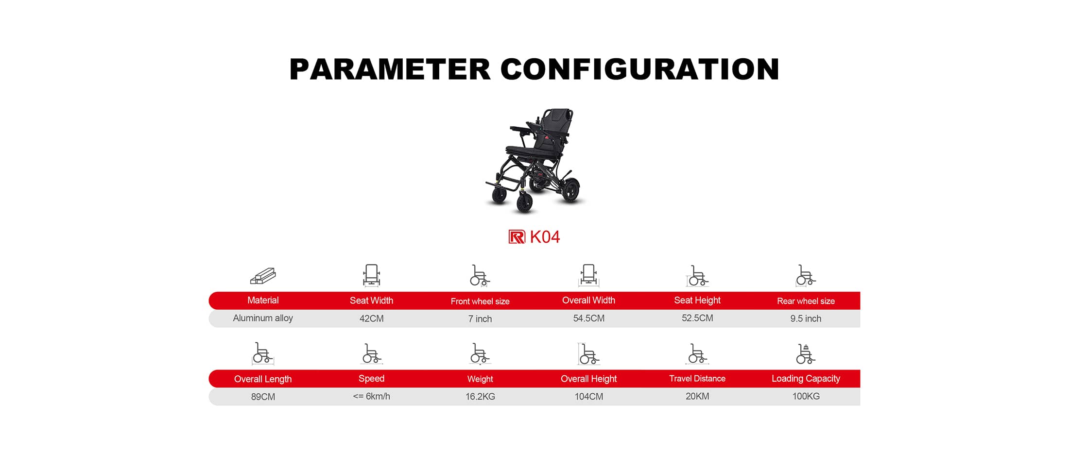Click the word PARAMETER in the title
pyautogui.click(x=390, y=69)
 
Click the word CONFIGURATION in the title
pyautogui.click(x=640, y=69)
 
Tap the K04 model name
pyautogui.click(x=545, y=237)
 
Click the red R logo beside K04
pyautogui.click(x=517, y=237)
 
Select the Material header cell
pyautogui.click(x=263, y=301)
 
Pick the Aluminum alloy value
pyautogui.click(x=263, y=318)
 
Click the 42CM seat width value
pyautogui.click(x=372, y=318)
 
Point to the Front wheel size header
pyautogui.click(x=480, y=301)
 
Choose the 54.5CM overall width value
pyautogui.click(x=589, y=318)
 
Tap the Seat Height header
pyautogui.click(x=697, y=301)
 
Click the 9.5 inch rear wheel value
pyautogui.click(x=806, y=318)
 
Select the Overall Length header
pyautogui.click(x=263, y=379)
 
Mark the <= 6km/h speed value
pyautogui.click(x=372, y=397)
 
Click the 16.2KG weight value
pyautogui.click(x=480, y=397)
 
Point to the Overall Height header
pyautogui.click(x=589, y=379)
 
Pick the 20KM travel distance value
pyautogui.click(x=697, y=397)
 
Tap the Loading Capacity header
pyautogui.click(x=806, y=379)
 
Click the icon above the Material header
pyautogui.click(x=263, y=276)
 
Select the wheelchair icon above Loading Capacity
pyautogui.click(x=806, y=354)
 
